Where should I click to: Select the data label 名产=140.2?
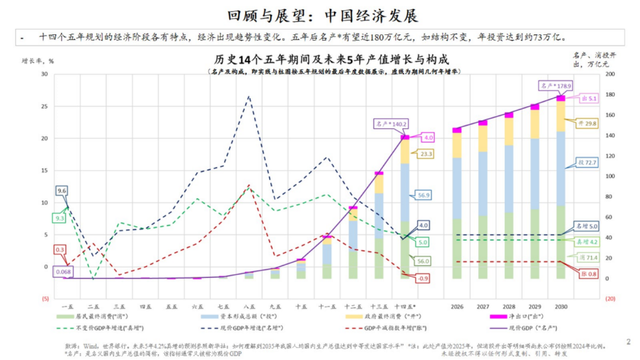(x=390, y=123)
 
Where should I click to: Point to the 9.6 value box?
(x=62, y=191)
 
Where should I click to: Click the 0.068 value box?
(x=62, y=271)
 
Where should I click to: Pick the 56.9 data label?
(x=424, y=195)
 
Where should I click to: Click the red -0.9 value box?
(x=422, y=279)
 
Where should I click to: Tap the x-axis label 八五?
(x=249, y=306)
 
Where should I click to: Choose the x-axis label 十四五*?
(x=404, y=306)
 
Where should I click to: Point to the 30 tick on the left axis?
(x=44, y=74)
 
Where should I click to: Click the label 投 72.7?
(x=587, y=162)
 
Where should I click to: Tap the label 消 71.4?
(x=587, y=258)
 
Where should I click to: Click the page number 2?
(x=628, y=342)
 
